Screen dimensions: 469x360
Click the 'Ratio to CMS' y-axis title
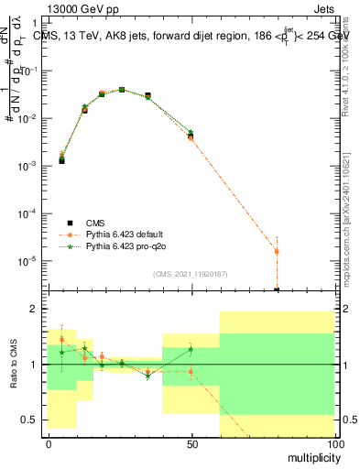coord(14,364)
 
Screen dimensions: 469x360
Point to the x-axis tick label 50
coord(191,444)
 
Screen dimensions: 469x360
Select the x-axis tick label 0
coord(49,444)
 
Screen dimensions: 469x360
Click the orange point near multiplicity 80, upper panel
coord(277,251)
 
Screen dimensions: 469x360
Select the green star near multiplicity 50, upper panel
coord(191,133)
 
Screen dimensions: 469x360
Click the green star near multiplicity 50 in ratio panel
coord(191,349)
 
